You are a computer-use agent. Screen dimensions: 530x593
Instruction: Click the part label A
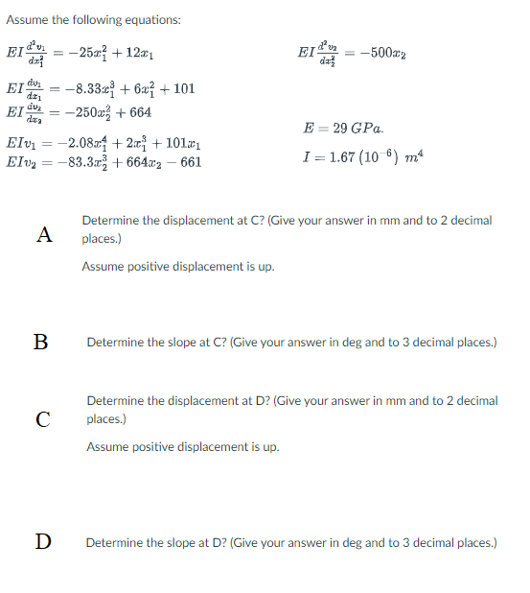pos(42,233)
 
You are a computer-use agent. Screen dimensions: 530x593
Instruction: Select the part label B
pos(41,342)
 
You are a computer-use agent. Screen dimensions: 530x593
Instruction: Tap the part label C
pos(42,417)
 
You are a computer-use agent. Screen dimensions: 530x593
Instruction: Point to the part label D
pos(42,543)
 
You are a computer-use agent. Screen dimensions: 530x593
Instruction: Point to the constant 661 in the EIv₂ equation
pos(191,163)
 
